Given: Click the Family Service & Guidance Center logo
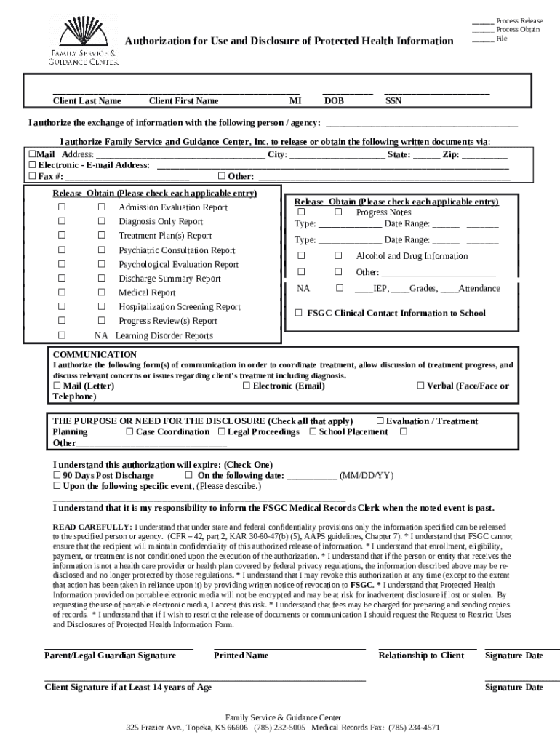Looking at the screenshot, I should coord(83,41).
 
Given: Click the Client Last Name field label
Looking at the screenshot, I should coord(87,101).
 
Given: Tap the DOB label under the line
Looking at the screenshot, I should coord(334,101).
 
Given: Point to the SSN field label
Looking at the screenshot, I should coord(393,101).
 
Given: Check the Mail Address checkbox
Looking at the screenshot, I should coord(31,155).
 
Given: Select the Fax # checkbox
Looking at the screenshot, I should coord(32,176).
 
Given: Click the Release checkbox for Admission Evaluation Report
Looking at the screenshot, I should coord(62,207).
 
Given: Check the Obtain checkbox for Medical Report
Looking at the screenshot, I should coord(102,292).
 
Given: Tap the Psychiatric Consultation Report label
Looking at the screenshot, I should coord(177,250).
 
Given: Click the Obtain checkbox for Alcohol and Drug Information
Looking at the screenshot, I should coord(338,256).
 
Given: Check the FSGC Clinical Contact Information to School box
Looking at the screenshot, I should coord(298,313).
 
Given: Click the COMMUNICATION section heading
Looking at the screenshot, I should coord(95,354).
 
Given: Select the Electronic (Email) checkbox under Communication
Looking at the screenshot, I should coord(247,386).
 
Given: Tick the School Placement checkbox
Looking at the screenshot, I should coord(313,431).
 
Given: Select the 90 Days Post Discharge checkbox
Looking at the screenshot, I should coord(57,475).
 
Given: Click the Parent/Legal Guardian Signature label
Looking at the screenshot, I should coord(110,656).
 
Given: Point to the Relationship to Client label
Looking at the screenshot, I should coord(421,656).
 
